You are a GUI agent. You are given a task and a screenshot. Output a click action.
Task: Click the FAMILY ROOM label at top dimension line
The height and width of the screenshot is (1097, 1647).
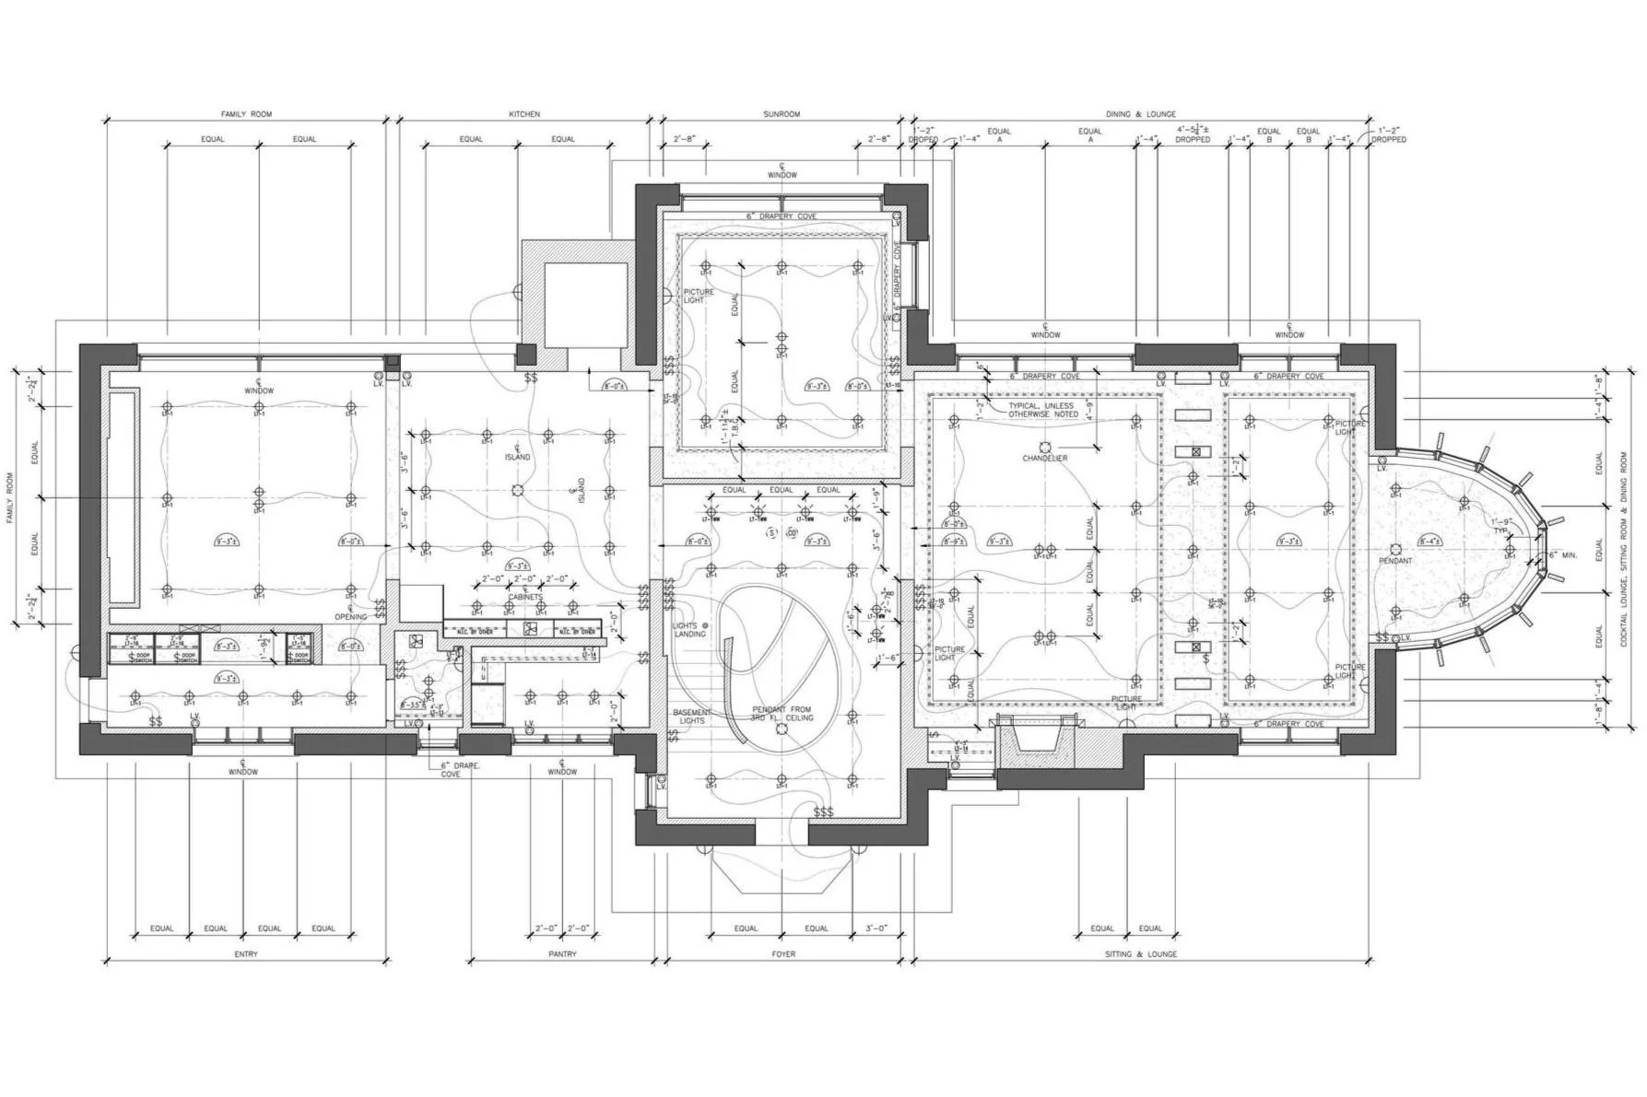point(246,114)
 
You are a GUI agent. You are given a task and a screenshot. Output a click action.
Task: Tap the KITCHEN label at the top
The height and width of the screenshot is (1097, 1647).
point(524,114)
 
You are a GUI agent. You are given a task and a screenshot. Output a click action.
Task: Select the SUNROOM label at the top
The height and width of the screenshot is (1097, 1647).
point(782,114)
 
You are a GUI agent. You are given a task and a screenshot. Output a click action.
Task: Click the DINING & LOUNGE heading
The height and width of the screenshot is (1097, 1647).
point(1141,114)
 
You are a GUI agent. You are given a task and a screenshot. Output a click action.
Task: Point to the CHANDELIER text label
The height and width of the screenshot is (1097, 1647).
point(1045,458)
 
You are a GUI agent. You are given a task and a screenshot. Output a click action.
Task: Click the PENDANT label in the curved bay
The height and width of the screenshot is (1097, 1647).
point(1395,560)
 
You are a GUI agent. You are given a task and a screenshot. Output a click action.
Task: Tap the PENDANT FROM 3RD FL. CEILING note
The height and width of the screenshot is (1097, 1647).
point(782,714)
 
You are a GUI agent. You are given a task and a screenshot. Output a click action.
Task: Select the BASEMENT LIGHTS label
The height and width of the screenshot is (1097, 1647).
point(692,717)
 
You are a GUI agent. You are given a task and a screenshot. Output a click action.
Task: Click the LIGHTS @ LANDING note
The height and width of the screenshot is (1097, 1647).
point(689,630)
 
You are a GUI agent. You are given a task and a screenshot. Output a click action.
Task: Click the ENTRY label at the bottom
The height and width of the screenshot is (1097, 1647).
point(246,954)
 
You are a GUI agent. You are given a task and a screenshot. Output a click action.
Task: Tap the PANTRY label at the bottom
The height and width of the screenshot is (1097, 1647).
point(562,954)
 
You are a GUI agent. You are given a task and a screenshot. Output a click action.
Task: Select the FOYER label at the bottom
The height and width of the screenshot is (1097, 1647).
point(783,954)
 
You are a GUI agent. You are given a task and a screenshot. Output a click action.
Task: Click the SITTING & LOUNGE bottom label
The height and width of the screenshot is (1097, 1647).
point(1141,954)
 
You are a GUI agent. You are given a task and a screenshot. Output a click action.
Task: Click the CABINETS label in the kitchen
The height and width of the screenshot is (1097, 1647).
point(525,597)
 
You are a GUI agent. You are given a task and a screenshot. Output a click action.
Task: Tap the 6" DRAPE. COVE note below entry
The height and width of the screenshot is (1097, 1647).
point(451,770)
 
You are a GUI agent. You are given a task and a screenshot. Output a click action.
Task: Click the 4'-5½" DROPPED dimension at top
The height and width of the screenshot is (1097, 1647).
point(1193,134)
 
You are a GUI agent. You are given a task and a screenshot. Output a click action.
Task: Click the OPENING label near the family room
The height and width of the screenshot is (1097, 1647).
point(350,616)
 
